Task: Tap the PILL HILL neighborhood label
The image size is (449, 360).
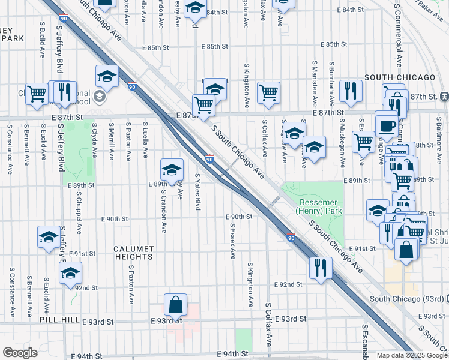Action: tap(59, 321)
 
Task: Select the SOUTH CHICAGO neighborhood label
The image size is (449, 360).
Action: tap(399, 77)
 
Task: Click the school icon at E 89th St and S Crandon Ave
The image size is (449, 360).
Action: tap(172, 170)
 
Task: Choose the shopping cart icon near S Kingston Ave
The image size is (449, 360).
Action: tap(268, 92)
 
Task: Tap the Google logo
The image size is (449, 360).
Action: tap(20, 353)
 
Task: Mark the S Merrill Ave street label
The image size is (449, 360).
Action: tap(112, 141)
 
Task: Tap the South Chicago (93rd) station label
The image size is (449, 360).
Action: tap(408, 299)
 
